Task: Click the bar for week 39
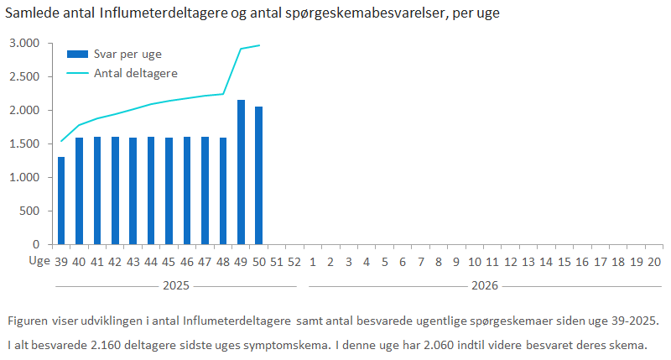[x=61, y=201]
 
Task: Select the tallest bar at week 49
[x=241, y=172]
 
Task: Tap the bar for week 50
[x=258, y=175]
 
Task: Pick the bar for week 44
[x=151, y=190]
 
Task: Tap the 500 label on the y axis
[x=30, y=211]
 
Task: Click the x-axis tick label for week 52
[x=294, y=262]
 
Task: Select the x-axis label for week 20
[x=654, y=262]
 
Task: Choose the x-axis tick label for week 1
[x=312, y=262]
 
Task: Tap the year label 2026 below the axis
[x=484, y=285]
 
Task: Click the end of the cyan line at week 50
[x=259, y=45]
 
